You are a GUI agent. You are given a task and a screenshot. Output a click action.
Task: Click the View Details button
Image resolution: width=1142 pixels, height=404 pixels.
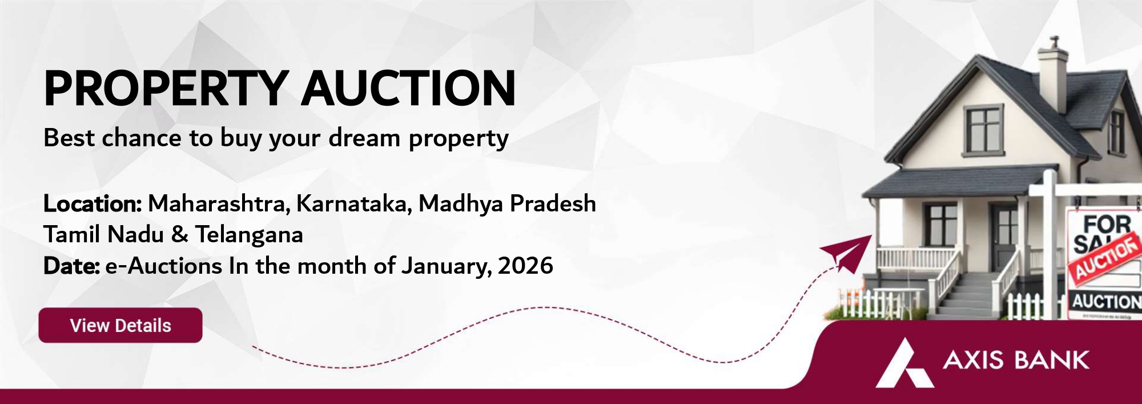(x=120, y=325)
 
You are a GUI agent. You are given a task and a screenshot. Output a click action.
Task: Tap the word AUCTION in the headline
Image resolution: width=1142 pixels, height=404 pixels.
(x=409, y=89)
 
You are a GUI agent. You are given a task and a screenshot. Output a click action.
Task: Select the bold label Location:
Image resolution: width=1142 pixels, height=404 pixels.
(x=93, y=203)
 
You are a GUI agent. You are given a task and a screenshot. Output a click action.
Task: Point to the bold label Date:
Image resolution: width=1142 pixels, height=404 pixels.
(x=72, y=266)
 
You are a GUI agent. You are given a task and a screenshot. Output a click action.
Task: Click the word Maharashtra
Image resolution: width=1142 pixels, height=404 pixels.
(x=219, y=204)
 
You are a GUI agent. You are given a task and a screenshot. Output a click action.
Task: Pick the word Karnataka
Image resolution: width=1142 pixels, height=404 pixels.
(x=353, y=204)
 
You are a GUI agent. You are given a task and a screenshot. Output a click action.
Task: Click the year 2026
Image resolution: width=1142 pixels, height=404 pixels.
(x=525, y=266)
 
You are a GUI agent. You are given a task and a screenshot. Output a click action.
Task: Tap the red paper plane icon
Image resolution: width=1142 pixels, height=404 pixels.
(x=846, y=253)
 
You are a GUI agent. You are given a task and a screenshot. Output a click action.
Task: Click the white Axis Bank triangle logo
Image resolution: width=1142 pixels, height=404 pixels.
(x=905, y=363)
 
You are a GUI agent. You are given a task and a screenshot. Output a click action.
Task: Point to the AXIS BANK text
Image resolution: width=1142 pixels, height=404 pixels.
(x=1016, y=361)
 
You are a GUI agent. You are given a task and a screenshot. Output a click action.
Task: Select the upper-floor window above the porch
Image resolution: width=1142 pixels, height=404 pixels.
(x=984, y=130)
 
